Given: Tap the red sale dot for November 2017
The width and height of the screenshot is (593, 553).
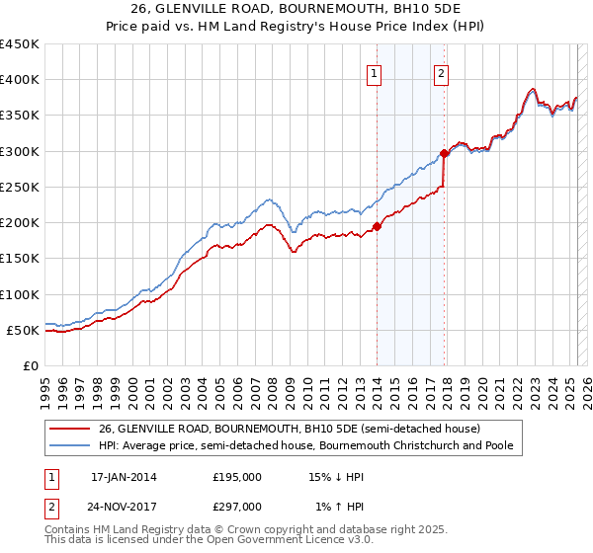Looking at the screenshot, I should click(x=444, y=153).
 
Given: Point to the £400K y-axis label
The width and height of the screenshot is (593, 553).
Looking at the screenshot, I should click(x=20, y=80).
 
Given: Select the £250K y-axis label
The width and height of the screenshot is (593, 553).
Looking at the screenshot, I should click(x=20, y=187).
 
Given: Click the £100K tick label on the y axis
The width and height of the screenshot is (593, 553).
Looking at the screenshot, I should click(x=20, y=294).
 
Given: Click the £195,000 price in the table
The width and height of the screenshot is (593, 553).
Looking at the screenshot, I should click(x=237, y=477).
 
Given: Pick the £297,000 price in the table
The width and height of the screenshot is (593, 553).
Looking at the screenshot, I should click(x=237, y=507).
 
